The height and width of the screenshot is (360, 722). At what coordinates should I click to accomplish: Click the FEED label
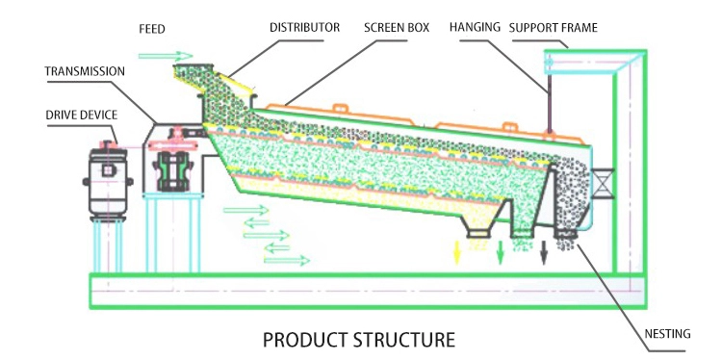tap(152, 29)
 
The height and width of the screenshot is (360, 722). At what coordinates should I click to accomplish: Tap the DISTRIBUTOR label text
tap(305, 28)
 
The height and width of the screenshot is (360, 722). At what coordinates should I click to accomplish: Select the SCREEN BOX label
tap(397, 28)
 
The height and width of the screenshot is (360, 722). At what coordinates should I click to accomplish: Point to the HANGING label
tap(475, 27)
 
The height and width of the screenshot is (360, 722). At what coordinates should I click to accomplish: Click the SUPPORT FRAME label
tap(553, 28)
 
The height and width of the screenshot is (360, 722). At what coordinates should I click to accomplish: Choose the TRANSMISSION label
tap(85, 71)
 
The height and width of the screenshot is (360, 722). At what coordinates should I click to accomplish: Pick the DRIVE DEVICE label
tap(82, 115)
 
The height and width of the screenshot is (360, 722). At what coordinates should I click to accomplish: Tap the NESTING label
tap(667, 334)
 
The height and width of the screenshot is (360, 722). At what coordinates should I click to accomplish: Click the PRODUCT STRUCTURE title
tap(359, 340)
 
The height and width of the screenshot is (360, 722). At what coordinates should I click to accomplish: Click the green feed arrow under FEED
tap(166, 56)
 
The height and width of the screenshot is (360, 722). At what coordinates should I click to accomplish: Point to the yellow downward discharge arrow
tap(456, 252)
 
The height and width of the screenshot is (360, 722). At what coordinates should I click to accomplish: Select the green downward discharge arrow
tap(500, 252)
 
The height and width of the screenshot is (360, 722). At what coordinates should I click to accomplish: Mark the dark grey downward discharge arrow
tap(544, 252)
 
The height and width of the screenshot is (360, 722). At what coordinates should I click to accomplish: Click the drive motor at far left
tap(108, 180)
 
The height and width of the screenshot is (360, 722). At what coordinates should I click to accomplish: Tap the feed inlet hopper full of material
tap(193, 77)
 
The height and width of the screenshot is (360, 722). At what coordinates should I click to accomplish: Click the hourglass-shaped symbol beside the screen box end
tap(603, 183)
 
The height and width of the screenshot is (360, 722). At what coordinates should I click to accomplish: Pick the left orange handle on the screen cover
tap(340, 108)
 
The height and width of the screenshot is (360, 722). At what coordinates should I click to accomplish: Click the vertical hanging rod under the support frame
tap(549, 104)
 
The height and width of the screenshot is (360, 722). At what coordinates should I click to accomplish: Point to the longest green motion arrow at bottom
tap(287, 261)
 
